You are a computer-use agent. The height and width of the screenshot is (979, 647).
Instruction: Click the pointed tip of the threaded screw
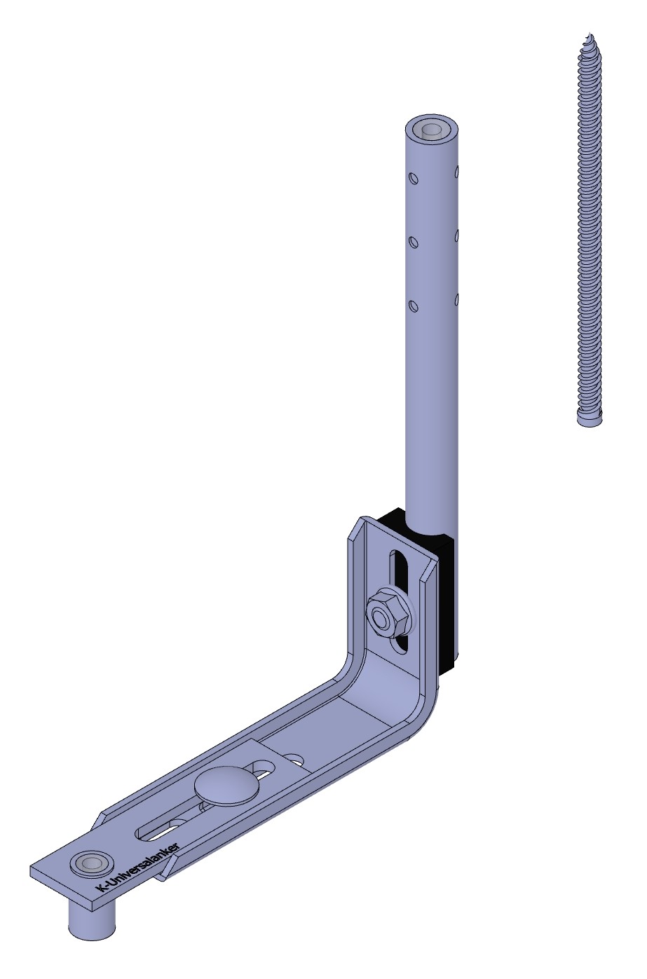pyautogui.click(x=590, y=34)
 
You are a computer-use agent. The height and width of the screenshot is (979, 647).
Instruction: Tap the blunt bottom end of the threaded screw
pyautogui.click(x=590, y=420)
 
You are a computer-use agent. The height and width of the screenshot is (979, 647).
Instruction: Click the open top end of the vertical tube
pyautogui.click(x=432, y=130)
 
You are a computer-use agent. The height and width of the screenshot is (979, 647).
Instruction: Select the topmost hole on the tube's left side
pyautogui.click(x=413, y=178)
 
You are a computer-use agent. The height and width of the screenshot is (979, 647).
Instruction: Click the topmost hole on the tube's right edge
pyautogui.click(x=457, y=169)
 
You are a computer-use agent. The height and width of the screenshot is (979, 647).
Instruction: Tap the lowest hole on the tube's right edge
pyautogui.click(x=457, y=299)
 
